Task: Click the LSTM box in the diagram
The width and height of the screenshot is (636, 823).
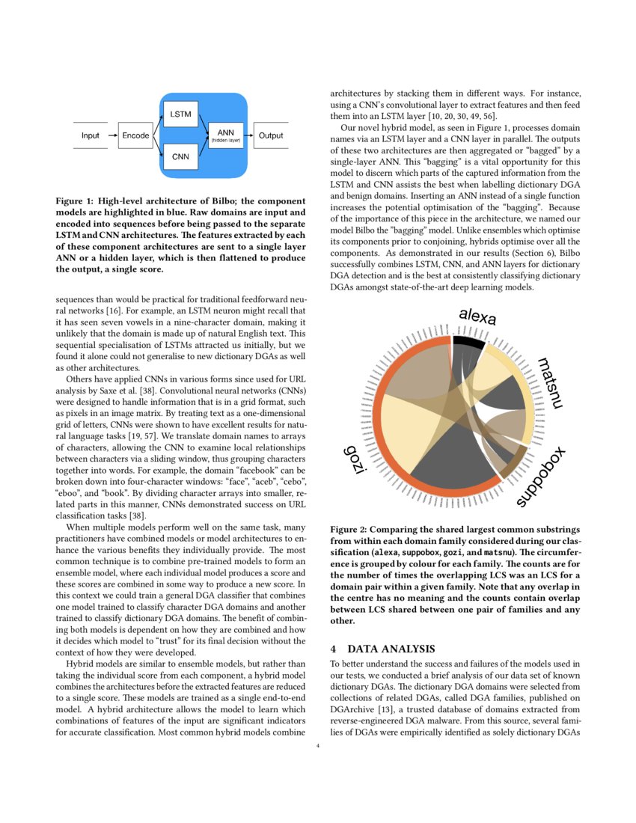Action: (180, 114)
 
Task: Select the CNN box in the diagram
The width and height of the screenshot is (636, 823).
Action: (180, 157)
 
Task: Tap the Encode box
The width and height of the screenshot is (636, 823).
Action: (135, 135)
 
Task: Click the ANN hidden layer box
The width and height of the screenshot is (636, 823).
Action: (225, 135)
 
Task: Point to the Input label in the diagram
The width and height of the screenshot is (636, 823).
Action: (91, 135)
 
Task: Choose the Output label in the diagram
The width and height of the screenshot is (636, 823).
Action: (270, 135)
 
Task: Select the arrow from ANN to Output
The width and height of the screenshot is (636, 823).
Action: (250, 135)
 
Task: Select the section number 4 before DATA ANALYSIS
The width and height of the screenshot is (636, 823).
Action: (334, 648)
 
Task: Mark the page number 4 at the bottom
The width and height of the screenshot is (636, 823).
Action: (318, 746)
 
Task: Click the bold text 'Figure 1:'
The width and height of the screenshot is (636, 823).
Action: (77, 201)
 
